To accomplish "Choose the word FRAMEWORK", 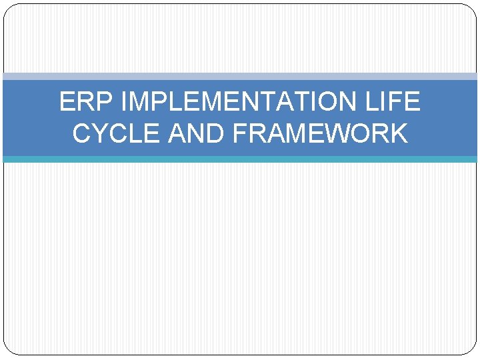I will [x=321, y=133].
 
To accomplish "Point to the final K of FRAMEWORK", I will [x=398, y=133].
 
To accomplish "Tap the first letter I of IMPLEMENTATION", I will [x=126, y=102].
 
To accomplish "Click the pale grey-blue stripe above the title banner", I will [x=240, y=76].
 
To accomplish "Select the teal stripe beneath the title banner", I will [x=240, y=159].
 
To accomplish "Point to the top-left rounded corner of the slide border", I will [x=8, y=9].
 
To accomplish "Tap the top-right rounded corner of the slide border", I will [x=472, y=9].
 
